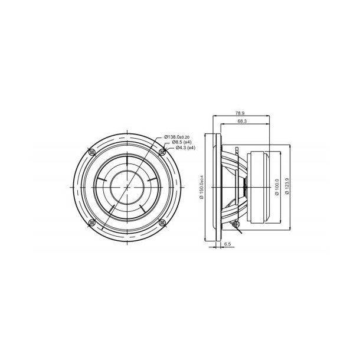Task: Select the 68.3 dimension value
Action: [241, 121]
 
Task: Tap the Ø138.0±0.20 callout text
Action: [179, 136]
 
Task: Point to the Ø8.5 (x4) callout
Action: [181, 142]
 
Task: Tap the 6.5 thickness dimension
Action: [228, 243]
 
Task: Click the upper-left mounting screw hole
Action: [90, 152]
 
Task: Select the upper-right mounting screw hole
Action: [163, 152]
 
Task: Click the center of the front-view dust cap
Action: [127, 187]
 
